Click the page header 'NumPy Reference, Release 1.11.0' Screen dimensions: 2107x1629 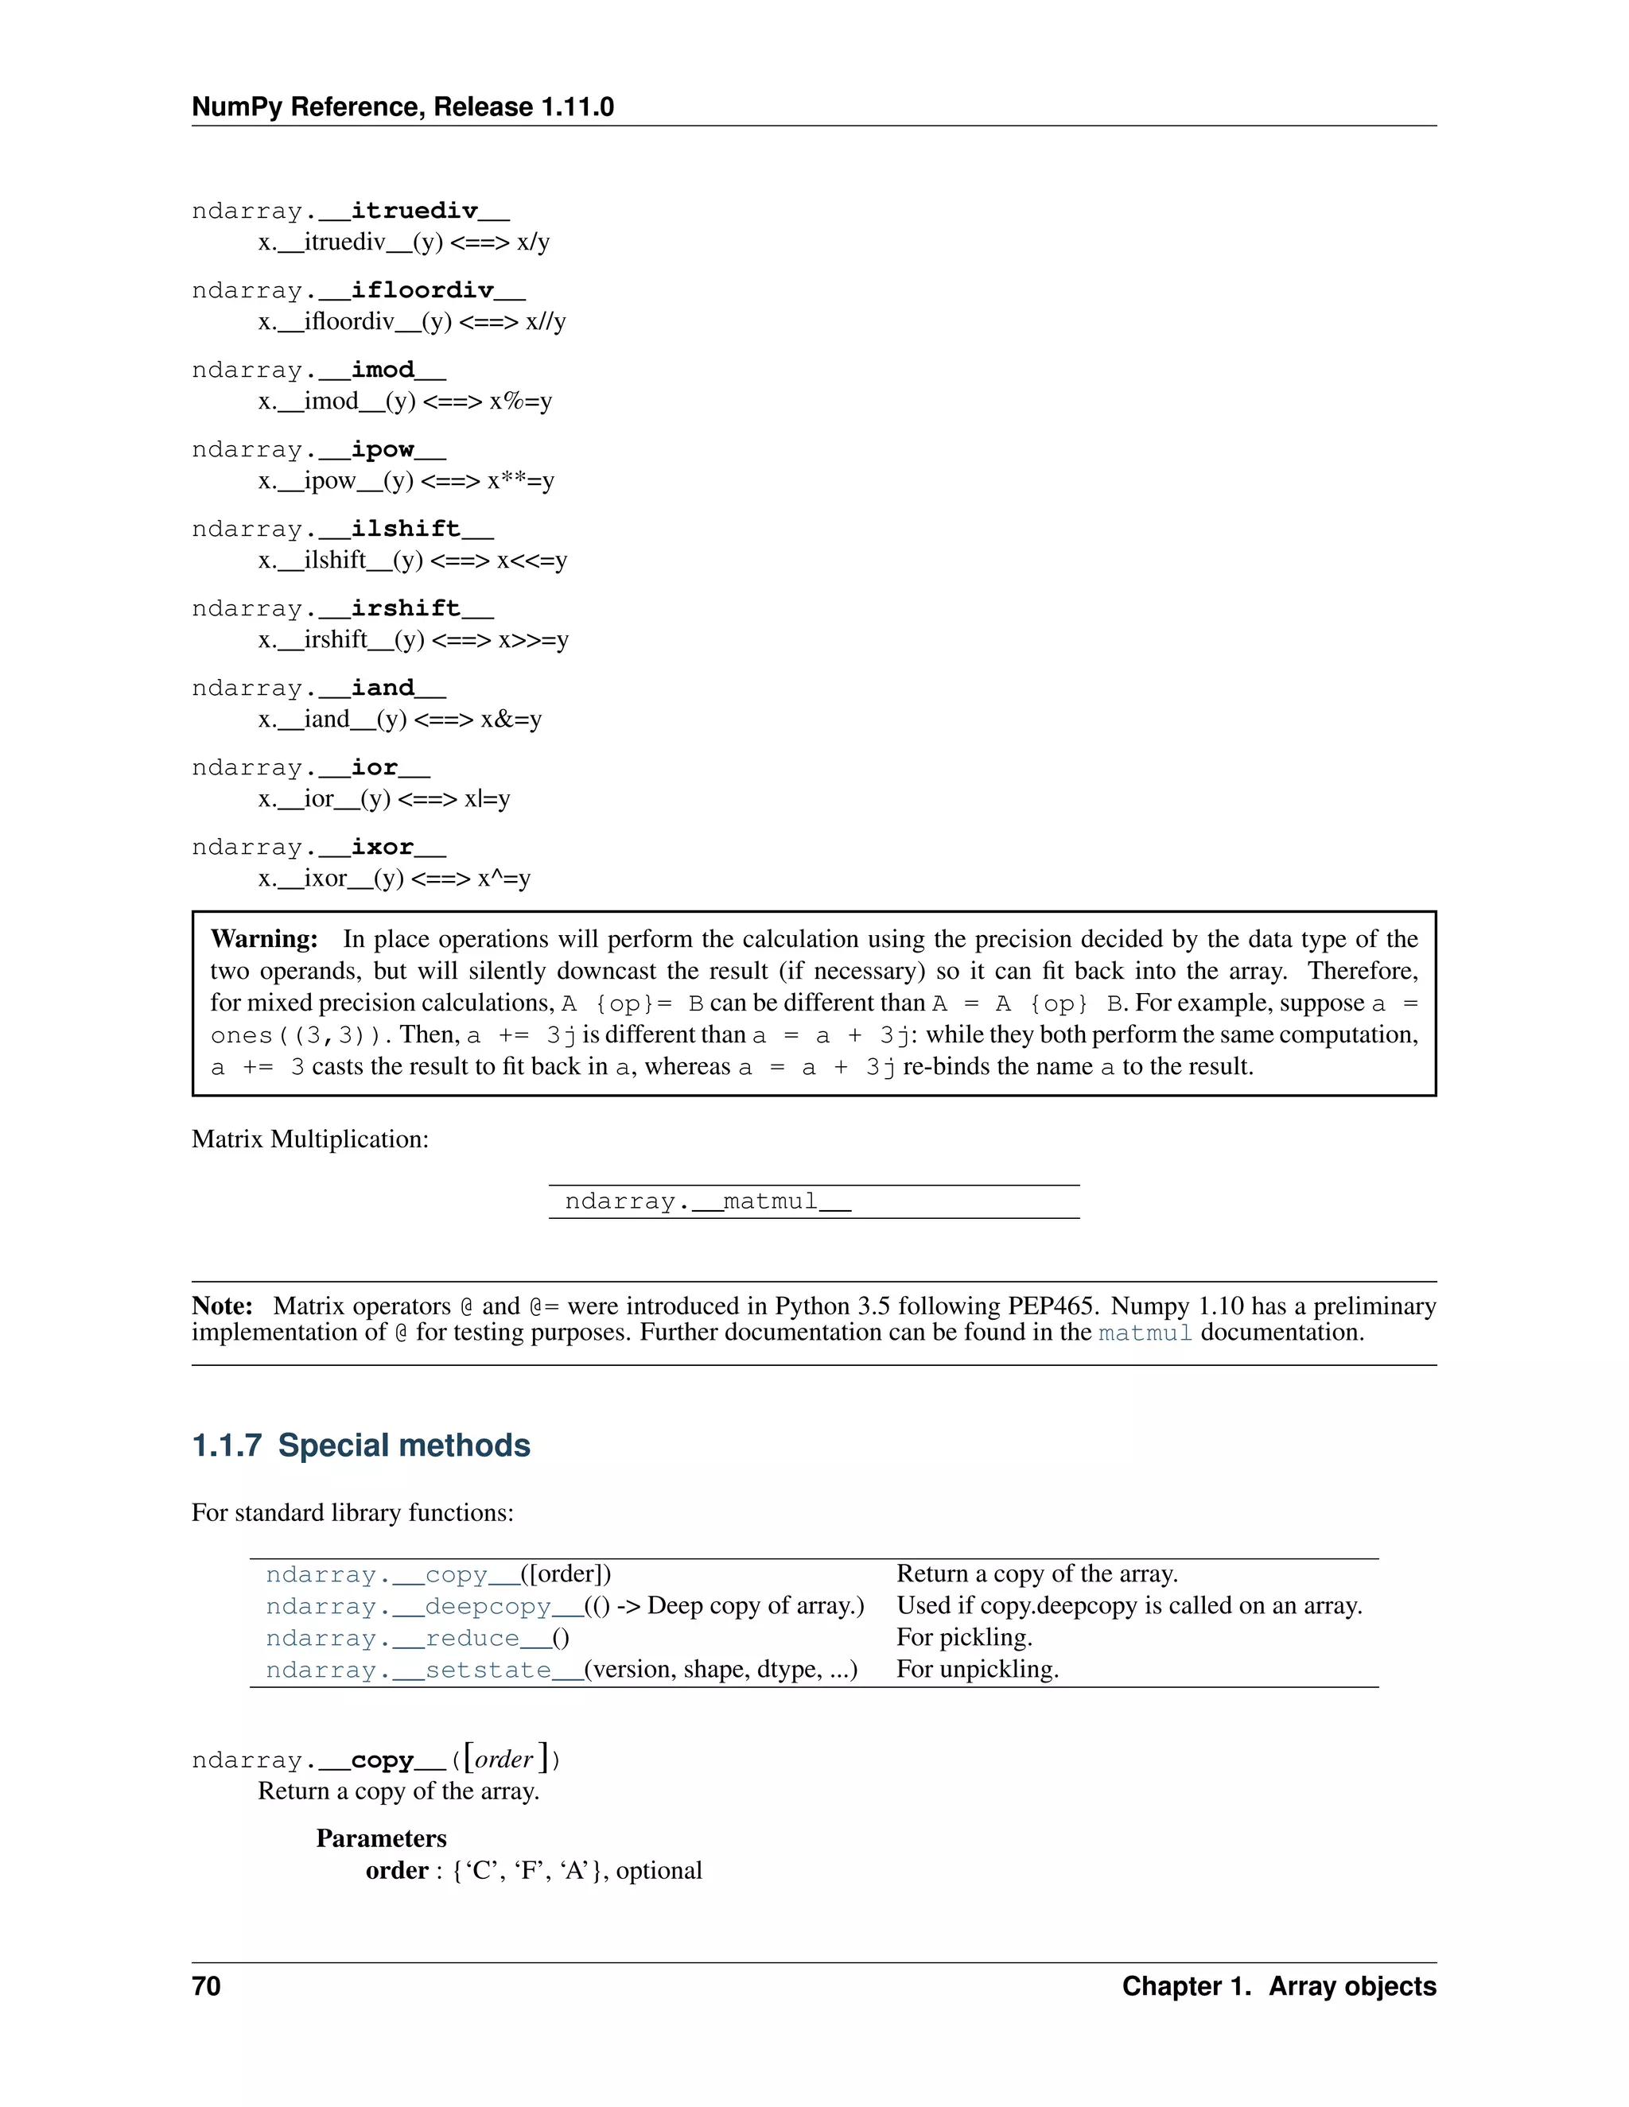402,107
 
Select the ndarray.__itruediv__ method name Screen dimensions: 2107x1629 350,211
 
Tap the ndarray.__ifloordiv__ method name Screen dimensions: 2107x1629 358,290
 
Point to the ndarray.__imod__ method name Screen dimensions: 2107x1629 318,371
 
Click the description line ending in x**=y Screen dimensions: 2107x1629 406,480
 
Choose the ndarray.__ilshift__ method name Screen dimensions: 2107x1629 343,529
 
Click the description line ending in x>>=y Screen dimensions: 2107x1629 413,639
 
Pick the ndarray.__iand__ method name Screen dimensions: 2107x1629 318,688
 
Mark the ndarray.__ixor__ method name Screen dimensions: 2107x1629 318,847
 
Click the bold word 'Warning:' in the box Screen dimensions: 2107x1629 263,939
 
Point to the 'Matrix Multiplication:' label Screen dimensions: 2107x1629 309,1139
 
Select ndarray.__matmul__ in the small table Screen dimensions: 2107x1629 707,1202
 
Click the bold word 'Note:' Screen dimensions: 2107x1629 222,1306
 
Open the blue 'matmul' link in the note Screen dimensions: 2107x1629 1145,1333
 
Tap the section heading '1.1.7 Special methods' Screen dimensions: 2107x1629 361,1445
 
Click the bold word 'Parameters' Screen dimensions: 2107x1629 381,1839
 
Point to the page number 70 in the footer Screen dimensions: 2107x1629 207,1986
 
